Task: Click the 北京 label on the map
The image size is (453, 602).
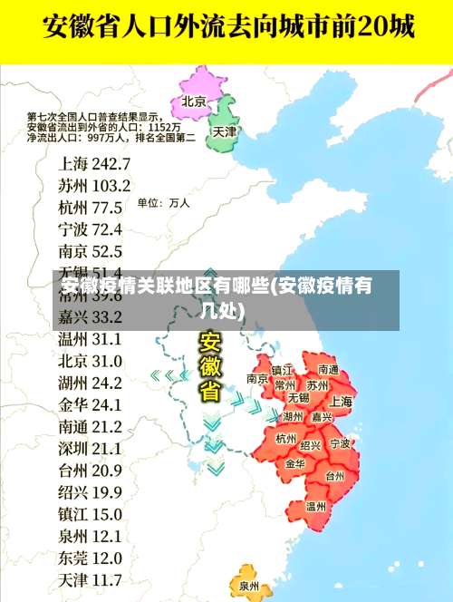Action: coord(194,101)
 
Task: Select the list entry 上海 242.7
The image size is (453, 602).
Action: coord(94,163)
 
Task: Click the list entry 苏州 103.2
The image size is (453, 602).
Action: coord(94,185)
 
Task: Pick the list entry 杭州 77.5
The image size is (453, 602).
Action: coord(90,207)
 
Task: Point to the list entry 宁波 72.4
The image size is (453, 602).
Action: coord(90,228)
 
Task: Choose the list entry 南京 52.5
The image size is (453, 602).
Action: coord(90,250)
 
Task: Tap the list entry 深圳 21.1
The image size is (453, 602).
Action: coord(90,448)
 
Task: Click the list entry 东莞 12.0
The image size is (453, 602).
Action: coord(90,558)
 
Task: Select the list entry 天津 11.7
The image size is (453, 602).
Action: coord(90,579)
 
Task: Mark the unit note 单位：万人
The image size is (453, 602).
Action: coord(163,203)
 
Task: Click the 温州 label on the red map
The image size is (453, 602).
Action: coord(316,507)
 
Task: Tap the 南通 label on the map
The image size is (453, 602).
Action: coord(327,370)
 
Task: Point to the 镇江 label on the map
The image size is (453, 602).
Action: coord(283,370)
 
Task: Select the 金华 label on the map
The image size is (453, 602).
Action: coord(295,462)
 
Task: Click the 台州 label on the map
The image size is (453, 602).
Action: coord(334,475)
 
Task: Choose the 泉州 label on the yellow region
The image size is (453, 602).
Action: coord(249,586)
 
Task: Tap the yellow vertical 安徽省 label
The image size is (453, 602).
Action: coord(210,368)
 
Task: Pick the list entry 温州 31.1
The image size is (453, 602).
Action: coord(90,339)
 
